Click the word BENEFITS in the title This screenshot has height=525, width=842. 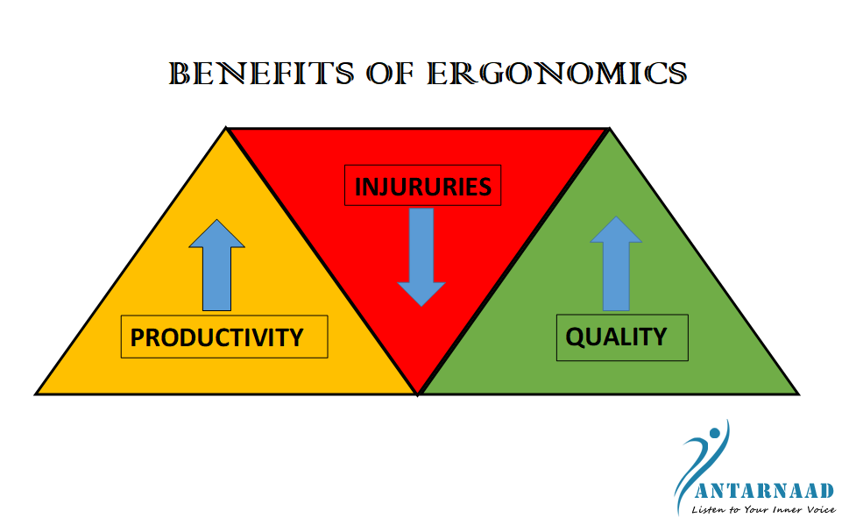(261, 74)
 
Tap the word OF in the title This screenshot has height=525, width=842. (391, 74)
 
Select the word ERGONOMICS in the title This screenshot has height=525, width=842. (557, 74)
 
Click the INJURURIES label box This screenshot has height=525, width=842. (422, 186)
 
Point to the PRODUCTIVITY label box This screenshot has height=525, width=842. (224, 337)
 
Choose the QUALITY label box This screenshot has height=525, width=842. (622, 337)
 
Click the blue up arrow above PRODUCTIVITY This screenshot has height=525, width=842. (217, 265)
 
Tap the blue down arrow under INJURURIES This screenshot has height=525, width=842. (421, 258)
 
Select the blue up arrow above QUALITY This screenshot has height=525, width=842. (616, 263)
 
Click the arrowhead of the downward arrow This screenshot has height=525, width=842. (421, 294)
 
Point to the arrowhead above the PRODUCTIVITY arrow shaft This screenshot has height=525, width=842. (217, 234)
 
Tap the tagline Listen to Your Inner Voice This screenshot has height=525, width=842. (763, 509)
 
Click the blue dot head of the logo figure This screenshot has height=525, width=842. (714, 433)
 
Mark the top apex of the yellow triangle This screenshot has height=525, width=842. (226, 128)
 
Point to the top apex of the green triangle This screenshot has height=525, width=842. (609, 128)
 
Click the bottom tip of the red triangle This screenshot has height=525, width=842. (418, 394)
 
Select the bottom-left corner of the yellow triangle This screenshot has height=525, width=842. (35, 394)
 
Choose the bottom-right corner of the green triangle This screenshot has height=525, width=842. (799, 394)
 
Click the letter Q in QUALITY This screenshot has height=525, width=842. (576, 337)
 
